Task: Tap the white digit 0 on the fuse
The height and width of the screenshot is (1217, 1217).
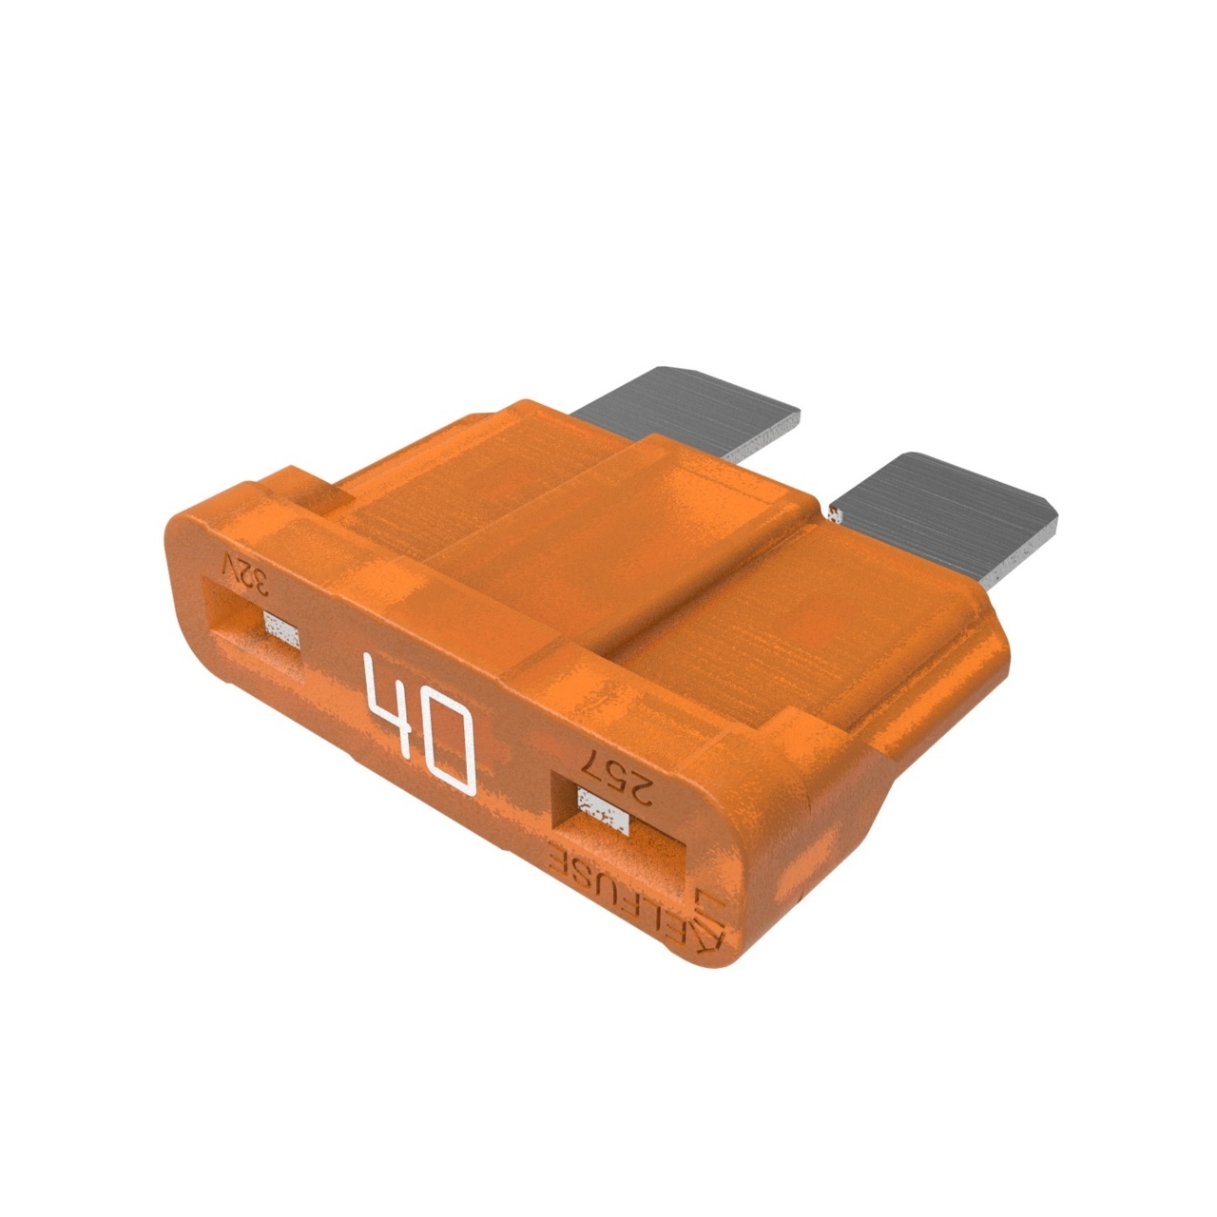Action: coord(445,747)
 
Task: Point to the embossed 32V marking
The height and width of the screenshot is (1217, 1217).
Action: coord(243,572)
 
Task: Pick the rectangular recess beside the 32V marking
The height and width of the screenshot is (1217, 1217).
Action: coord(254,632)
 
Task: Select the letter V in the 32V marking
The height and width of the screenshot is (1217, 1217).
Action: coord(229,567)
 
